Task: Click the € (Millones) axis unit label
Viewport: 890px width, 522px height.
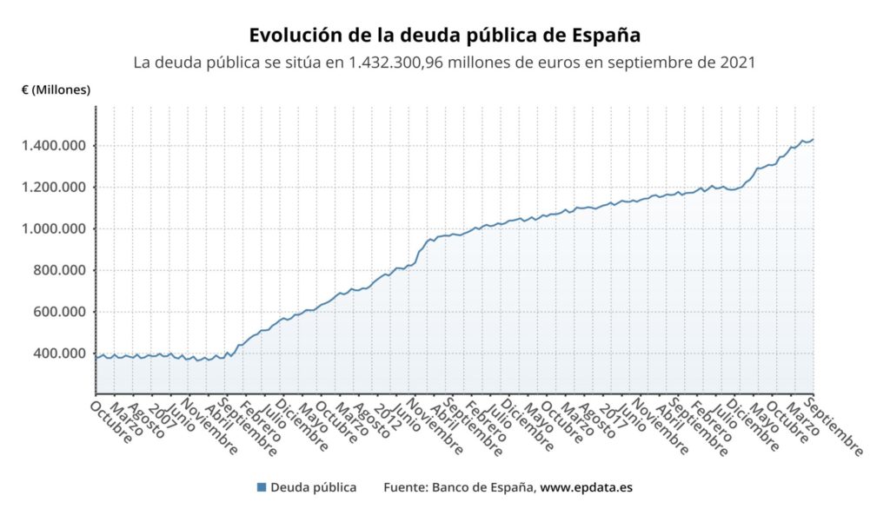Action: (56, 89)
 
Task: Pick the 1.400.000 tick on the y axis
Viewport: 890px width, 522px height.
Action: (54, 145)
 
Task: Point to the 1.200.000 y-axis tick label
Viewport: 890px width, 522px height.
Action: (54, 187)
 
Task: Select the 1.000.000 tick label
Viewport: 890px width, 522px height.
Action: (54, 228)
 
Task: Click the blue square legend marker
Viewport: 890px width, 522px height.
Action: (262, 487)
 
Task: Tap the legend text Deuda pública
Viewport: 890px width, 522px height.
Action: (313, 487)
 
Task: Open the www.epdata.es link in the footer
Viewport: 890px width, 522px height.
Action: (587, 487)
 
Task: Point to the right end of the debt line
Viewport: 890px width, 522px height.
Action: (813, 139)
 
